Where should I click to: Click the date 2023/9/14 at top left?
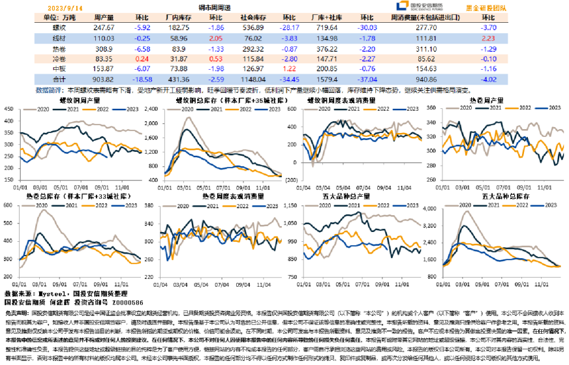62,7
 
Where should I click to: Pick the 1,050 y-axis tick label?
296,216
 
